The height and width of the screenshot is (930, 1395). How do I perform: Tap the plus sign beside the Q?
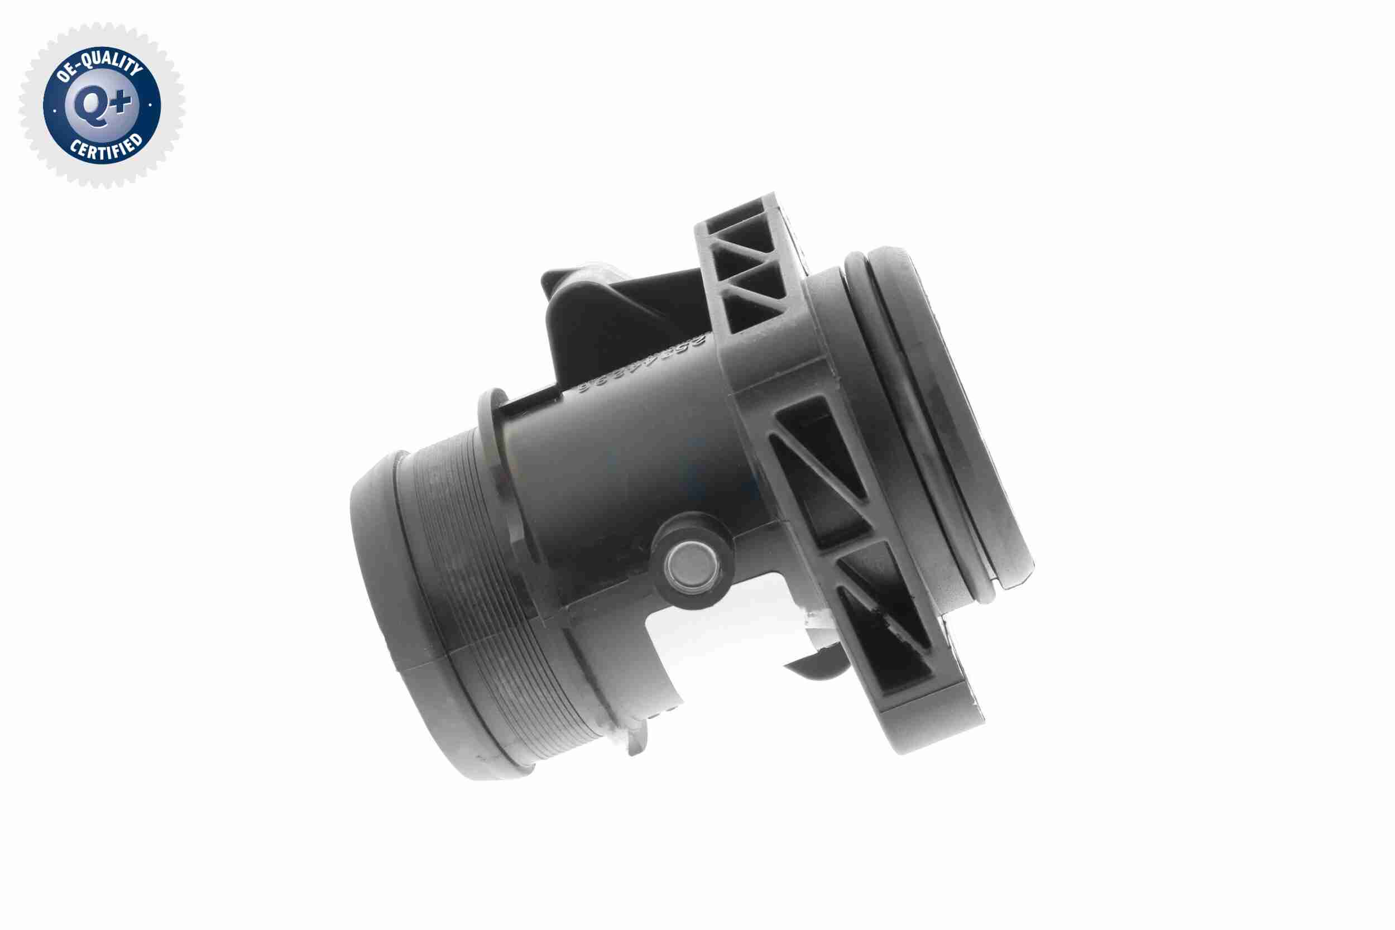pyautogui.click(x=121, y=103)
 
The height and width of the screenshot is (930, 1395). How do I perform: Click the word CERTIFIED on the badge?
pyautogui.click(x=106, y=148)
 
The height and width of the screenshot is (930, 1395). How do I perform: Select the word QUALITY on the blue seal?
pyautogui.click(x=113, y=63)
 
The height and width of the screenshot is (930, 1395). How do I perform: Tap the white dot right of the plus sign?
pyautogui.click(x=150, y=105)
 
